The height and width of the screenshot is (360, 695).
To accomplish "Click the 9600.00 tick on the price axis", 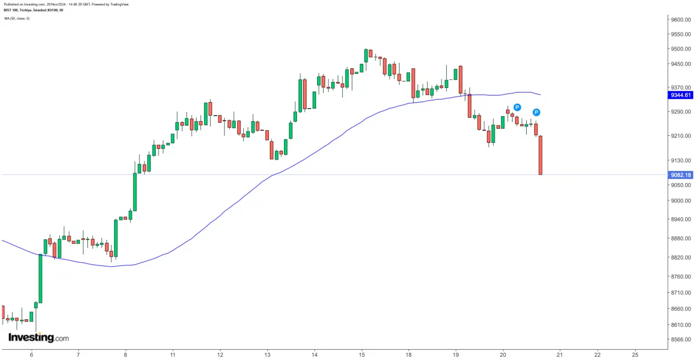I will pyautogui.click(x=680, y=20).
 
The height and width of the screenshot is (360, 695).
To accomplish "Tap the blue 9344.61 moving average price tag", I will pyautogui.click(x=680, y=95).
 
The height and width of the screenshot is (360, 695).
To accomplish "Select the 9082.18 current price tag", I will pyautogui.click(x=680, y=175).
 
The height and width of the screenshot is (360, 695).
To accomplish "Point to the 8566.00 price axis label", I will pyautogui.click(x=680, y=339).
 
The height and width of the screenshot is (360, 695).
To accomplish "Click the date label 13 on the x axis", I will pyautogui.click(x=267, y=354).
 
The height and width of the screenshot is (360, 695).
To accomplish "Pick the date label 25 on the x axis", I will pyautogui.click(x=635, y=354).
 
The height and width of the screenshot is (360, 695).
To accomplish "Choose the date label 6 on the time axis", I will pyautogui.click(x=31, y=354).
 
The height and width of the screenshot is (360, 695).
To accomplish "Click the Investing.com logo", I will pyautogui.click(x=39, y=338).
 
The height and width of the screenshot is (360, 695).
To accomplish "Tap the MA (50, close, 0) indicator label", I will pyautogui.click(x=17, y=18).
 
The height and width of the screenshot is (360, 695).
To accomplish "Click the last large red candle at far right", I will pyautogui.click(x=540, y=155).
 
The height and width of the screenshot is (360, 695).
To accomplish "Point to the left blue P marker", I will pyautogui.click(x=517, y=108).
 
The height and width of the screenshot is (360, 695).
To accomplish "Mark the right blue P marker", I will pyautogui.click(x=536, y=112).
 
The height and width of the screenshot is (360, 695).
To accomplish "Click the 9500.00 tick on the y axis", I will pyautogui.click(x=680, y=49).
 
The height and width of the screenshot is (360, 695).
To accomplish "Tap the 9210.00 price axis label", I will pyautogui.click(x=680, y=136).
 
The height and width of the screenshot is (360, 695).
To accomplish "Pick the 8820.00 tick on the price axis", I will pyautogui.click(x=680, y=257).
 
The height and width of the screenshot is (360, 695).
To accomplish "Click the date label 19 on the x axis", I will pyautogui.click(x=456, y=354).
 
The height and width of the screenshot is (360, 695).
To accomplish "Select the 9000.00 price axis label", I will pyautogui.click(x=680, y=201).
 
